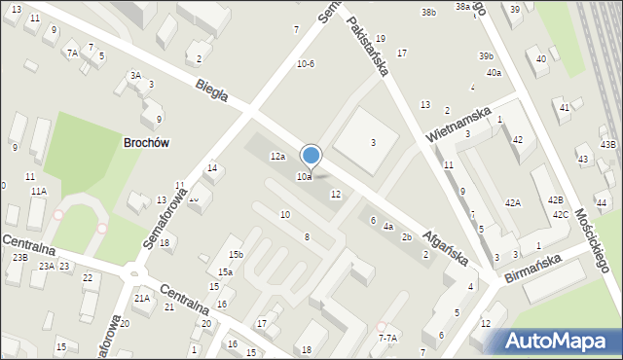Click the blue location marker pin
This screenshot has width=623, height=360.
[x=311, y=157]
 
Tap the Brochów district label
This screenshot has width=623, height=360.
[x=147, y=142]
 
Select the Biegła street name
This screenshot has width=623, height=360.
[x=211, y=90]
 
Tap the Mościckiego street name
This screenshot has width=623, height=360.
[x=591, y=237]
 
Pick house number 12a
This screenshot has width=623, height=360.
[x=278, y=157]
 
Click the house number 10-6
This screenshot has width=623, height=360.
[x=306, y=64]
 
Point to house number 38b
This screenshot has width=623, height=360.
[x=428, y=13]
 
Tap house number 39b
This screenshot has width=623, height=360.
[x=487, y=56]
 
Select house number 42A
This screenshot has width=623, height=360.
[x=512, y=202]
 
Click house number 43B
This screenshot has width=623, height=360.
[x=607, y=145]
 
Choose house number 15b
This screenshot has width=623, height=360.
[x=236, y=254]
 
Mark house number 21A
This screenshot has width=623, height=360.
[x=142, y=299]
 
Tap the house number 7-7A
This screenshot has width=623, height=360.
[x=387, y=338]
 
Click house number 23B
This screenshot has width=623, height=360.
[x=19, y=258]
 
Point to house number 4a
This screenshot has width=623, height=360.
[x=387, y=227]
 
